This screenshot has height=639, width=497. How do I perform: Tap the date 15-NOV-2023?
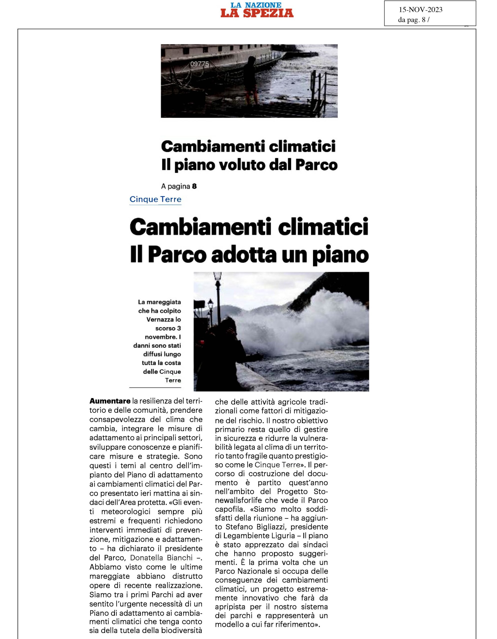(x=420, y=10)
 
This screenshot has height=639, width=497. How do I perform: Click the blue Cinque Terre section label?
(x=155, y=199)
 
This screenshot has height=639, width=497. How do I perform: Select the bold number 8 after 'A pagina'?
(x=194, y=186)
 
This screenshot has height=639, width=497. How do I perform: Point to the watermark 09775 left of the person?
(x=199, y=64)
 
